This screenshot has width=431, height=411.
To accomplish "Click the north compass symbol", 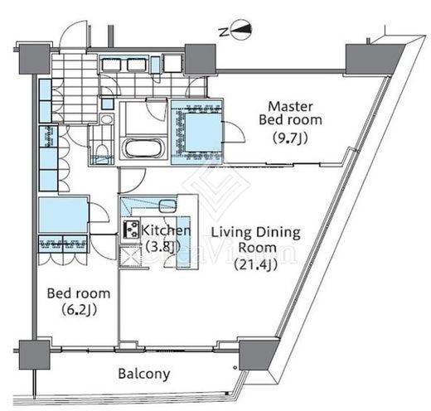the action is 241,30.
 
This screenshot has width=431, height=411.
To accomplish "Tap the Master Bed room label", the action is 290,114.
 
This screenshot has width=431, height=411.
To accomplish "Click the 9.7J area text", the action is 290,138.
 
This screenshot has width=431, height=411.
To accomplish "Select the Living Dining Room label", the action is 256,240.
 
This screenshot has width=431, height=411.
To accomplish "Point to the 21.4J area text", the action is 256,264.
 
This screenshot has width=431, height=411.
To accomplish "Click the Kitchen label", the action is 166,230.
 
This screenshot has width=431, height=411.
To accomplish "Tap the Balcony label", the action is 144,375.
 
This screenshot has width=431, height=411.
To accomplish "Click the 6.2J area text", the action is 79,310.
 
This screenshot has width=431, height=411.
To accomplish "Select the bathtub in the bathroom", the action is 143,148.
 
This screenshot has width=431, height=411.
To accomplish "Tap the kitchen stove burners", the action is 131,230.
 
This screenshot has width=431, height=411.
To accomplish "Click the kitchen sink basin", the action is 167,205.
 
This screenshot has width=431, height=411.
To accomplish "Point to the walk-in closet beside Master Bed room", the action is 197,133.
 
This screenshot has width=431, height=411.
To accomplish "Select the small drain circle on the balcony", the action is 235,368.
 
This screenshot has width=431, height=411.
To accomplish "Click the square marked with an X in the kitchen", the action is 131,256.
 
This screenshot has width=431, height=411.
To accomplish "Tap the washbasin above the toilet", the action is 107,119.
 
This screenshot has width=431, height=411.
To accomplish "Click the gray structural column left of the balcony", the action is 34,355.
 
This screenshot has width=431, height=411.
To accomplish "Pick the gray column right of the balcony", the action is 255,354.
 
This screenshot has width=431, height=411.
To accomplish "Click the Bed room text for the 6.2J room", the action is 79,293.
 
